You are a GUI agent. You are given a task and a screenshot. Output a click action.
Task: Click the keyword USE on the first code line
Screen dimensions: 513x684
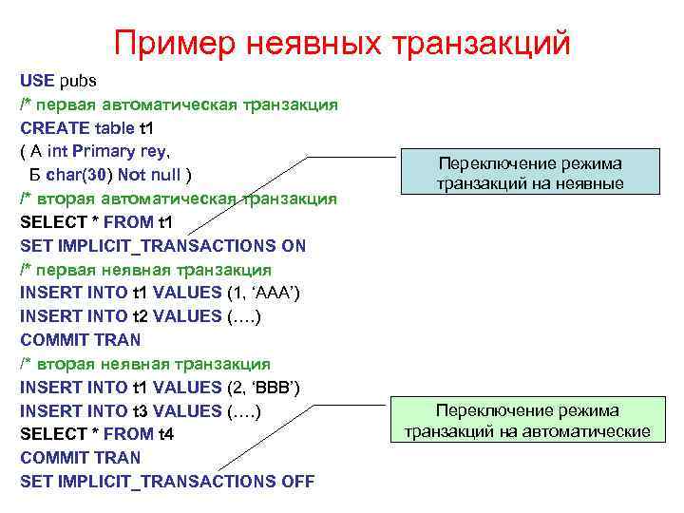tap(37, 81)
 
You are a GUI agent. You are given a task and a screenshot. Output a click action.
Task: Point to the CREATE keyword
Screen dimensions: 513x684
tap(55, 127)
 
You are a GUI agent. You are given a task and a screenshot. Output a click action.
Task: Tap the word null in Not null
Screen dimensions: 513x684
tap(167, 175)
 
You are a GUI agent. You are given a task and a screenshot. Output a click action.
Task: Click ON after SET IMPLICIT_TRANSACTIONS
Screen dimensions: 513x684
tap(294, 245)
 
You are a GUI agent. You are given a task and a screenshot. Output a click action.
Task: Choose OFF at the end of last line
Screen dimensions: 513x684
tap(298, 481)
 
